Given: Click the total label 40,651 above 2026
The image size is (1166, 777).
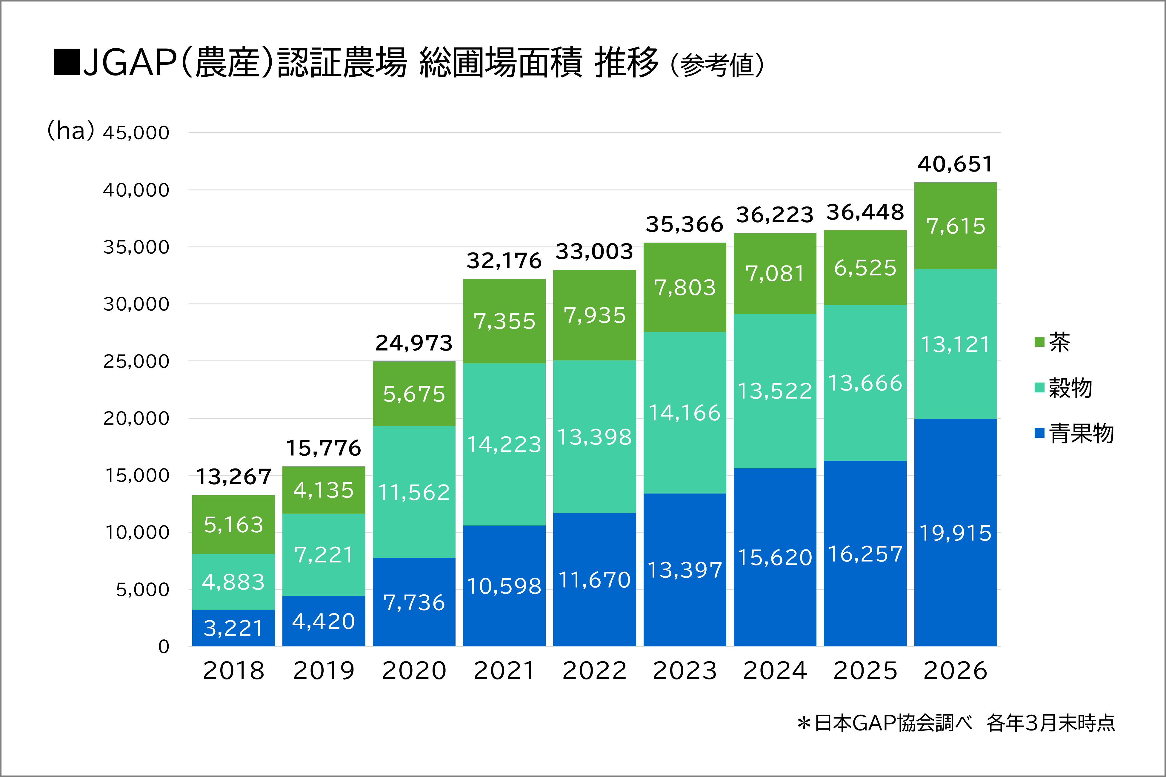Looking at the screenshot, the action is pyautogui.click(x=955, y=164).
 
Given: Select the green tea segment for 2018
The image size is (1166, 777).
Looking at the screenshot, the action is pyautogui.click(x=233, y=524).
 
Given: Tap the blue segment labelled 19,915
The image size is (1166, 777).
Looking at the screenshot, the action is pyautogui.click(x=955, y=532).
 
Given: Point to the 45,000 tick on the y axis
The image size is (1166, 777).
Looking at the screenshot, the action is pyautogui.click(x=136, y=133).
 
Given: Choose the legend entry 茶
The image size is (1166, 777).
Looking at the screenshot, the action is pyautogui.click(x=1053, y=342).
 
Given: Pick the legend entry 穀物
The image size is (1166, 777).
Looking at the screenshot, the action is pyautogui.click(x=1063, y=388).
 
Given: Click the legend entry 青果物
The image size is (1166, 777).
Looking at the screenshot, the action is pyautogui.click(x=1074, y=433).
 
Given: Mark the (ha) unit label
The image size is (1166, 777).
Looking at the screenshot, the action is pyautogui.click(x=70, y=131).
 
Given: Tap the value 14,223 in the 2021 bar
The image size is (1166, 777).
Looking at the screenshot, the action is pyautogui.click(x=504, y=445).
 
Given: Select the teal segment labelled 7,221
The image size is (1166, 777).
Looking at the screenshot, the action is pyautogui.click(x=324, y=554).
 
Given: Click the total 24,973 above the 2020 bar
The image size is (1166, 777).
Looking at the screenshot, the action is pyautogui.click(x=414, y=343).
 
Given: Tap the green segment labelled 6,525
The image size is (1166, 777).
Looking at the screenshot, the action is pyautogui.click(x=865, y=268).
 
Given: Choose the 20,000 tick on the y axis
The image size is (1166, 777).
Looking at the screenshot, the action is pyautogui.click(x=136, y=419).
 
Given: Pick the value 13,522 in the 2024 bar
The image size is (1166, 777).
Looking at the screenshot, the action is pyautogui.click(x=775, y=391).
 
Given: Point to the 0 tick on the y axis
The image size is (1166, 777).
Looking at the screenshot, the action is pyautogui.click(x=164, y=647).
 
